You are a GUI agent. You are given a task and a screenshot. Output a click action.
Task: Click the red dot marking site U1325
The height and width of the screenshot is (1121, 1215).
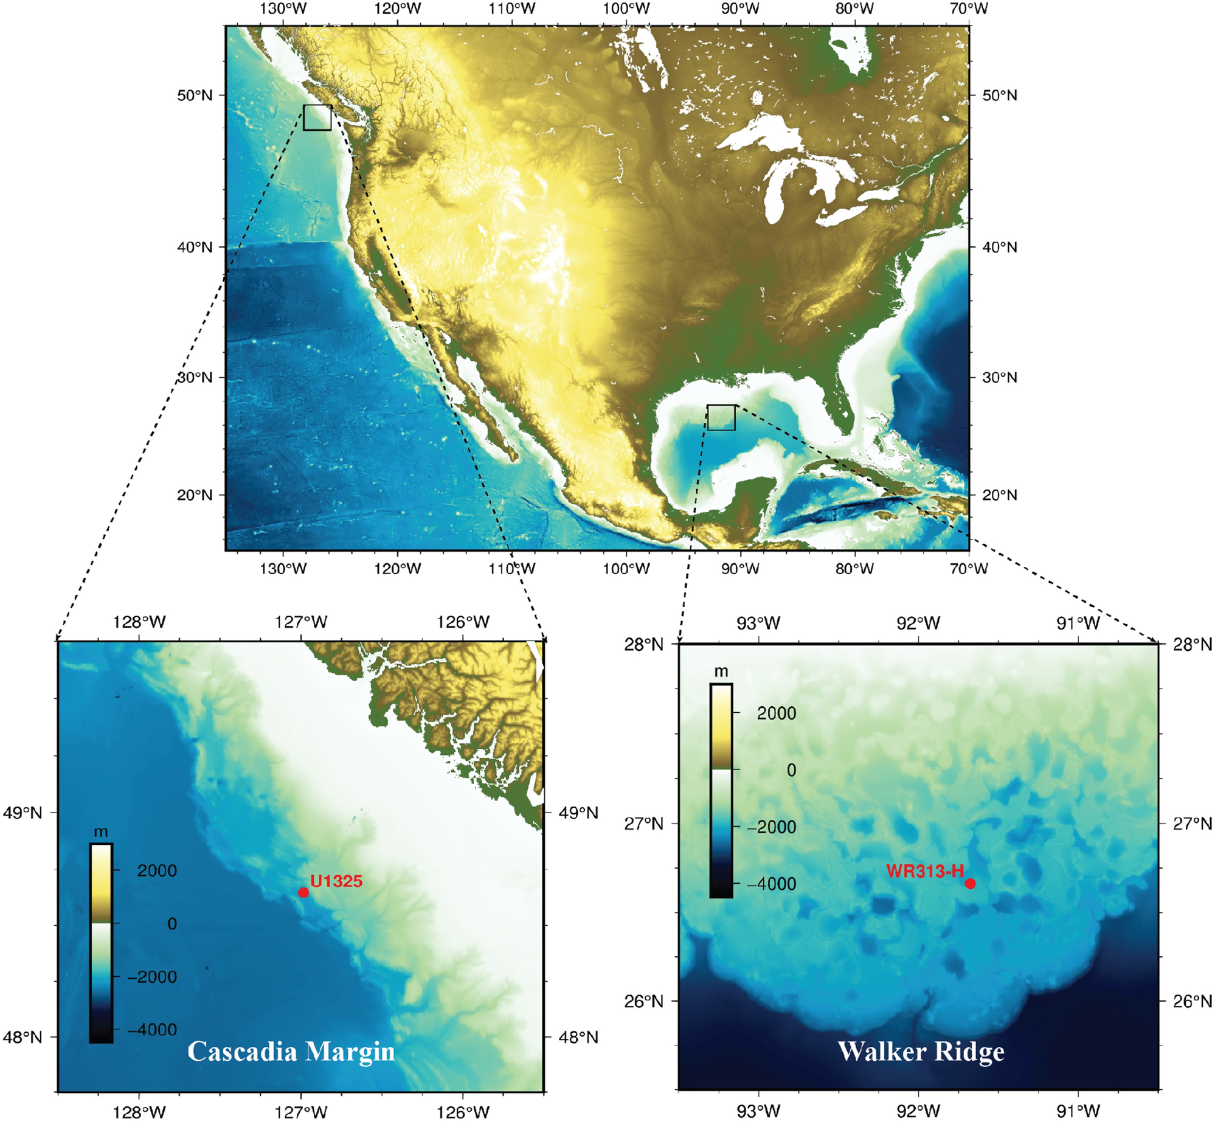[x=303, y=892]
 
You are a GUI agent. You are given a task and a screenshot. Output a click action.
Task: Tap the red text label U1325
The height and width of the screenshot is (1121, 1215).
[x=336, y=881]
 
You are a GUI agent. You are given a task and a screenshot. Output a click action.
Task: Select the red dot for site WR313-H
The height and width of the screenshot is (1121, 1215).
[x=970, y=883]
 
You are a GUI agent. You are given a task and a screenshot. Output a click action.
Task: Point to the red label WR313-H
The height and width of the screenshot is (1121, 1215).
[x=924, y=871]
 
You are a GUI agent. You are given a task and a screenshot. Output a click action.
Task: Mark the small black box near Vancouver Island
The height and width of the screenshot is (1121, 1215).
[x=317, y=117]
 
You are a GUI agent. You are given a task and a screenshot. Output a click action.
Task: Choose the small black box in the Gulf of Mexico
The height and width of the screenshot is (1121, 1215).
[x=721, y=417]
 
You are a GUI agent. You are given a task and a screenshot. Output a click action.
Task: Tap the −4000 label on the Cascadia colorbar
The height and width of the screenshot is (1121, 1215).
[x=151, y=1029]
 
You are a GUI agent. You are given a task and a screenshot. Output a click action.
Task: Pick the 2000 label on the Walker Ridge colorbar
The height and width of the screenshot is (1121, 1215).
[x=776, y=713]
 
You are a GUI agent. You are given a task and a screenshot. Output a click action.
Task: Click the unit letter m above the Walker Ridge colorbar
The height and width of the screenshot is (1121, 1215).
[x=721, y=672]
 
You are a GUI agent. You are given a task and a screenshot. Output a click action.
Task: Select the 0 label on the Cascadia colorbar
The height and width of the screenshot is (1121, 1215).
[x=172, y=923]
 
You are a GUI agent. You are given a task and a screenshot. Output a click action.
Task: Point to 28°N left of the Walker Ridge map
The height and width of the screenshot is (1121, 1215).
[x=643, y=644]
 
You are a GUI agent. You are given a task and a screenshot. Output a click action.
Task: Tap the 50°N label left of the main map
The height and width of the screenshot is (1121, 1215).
[x=195, y=95]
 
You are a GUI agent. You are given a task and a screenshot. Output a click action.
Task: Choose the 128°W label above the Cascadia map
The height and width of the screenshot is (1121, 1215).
[x=139, y=622]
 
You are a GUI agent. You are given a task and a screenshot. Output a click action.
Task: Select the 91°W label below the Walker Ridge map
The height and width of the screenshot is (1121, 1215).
[x=1078, y=1111]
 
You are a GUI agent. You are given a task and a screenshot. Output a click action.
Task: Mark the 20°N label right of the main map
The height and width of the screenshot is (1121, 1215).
[x=1000, y=495]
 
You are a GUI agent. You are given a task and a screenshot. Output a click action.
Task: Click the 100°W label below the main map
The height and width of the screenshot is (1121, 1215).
[x=626, y=569]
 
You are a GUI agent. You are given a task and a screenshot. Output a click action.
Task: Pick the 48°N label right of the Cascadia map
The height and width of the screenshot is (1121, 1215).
[x=578, y=1037]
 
